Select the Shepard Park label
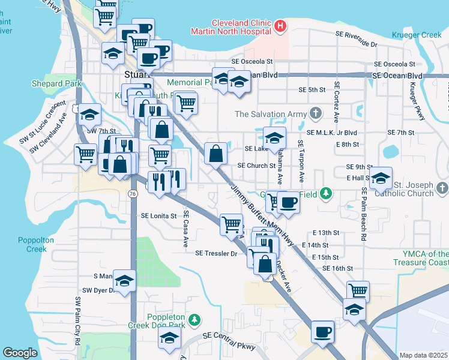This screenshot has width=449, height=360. [56, 83]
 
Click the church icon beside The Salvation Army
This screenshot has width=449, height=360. [316, 114]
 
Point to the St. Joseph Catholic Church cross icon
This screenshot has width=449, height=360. [442, 188]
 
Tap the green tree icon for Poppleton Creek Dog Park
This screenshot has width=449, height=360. [194, 320]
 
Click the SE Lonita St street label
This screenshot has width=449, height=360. [158, 215]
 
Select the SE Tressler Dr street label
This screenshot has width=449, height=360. [216, 253]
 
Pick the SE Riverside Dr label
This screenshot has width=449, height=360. [349, 44]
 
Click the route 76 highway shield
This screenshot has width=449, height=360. [131, 193]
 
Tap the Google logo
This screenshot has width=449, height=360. [20, 353]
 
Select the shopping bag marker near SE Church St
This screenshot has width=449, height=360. [215, 154]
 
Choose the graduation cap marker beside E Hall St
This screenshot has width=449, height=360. [380, 178]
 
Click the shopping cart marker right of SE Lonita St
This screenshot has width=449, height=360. [231, 225]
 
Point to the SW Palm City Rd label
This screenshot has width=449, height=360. [77, 320]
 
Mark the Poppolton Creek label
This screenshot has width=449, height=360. [32, 244]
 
